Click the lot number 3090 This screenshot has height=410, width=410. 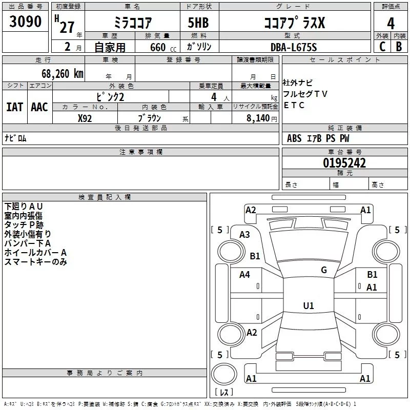[25, 22]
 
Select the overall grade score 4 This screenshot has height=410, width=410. [391, 23]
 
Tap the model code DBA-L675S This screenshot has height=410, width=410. [294, 47]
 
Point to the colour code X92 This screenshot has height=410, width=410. [85, 118]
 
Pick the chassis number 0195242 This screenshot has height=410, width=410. [344, 163]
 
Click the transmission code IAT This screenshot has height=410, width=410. [14, 107]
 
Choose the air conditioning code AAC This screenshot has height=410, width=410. [39, 107]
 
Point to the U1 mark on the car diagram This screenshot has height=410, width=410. [308, 306]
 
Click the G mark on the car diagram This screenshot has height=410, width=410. [323, 270]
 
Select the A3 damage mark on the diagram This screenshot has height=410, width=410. [244, 235]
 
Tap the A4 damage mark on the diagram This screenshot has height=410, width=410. [244, 275]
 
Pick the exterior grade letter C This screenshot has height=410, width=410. [382, 47]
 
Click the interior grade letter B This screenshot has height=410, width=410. [399, 47]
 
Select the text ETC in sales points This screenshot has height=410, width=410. [294, 105]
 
